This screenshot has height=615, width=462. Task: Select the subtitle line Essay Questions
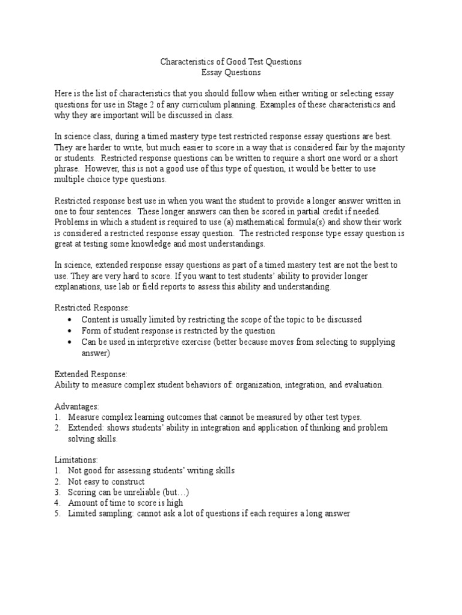(x=230, y=73)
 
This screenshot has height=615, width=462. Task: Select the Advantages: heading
(x=76, y=406)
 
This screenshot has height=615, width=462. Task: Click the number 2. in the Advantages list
(x=57, y=428)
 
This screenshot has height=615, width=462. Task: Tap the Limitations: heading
(x=77, y=460)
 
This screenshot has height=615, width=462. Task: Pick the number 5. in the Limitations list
(x=57, y=514)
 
